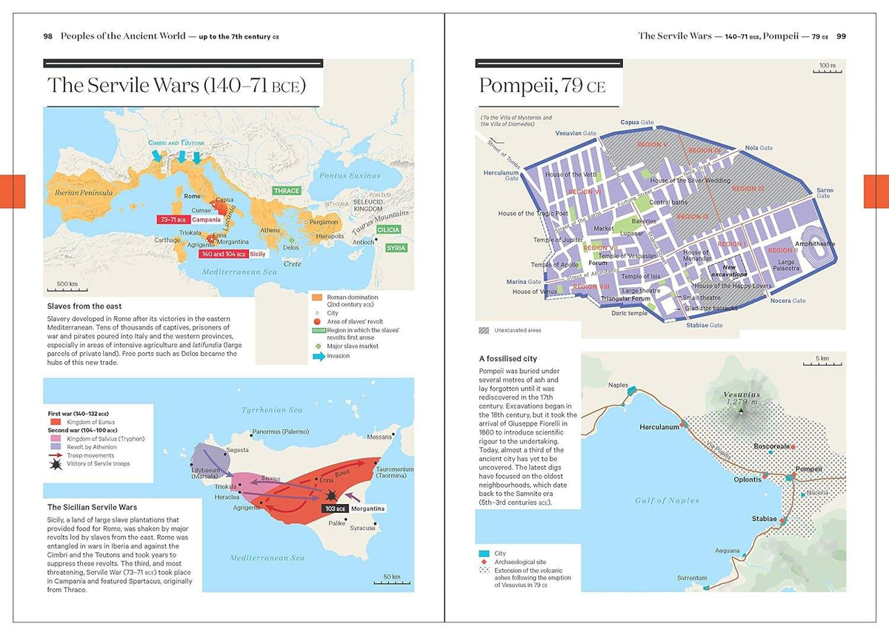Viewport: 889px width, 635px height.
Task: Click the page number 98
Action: click(47, 36)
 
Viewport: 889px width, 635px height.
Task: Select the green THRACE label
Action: click(286, 191)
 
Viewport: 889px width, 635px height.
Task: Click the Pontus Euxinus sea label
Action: click(349, 175)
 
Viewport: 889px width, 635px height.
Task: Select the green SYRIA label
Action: click(396, 248)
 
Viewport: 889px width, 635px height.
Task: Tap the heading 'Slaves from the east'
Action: click(84, 306)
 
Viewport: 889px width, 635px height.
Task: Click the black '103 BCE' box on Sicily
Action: click(336, 509)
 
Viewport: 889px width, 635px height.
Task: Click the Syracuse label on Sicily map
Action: click(362, 528)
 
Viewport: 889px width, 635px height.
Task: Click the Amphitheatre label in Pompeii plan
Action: click(814, 243)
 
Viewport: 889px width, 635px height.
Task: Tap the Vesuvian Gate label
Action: click(576, 133)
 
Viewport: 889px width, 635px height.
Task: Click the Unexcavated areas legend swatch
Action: click(485, 330)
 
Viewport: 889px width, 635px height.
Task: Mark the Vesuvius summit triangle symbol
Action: click(739, 411)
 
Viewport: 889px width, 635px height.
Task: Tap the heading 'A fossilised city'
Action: click(508, 359)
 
